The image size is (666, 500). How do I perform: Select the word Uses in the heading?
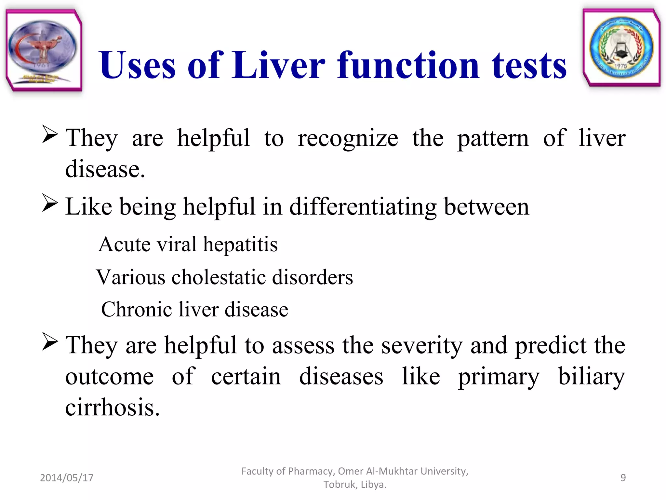point(137,66)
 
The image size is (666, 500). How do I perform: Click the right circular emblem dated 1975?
point(621,48)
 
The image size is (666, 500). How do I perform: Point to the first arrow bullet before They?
point(50,135)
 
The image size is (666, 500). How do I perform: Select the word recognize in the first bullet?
point(348,139)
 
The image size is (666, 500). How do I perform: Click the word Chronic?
point(137,309)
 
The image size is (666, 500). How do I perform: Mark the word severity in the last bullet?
point(422,346)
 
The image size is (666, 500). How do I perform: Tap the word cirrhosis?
point(113,408)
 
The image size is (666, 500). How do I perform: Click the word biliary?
point(591,377)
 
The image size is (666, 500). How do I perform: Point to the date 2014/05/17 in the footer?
point(67,478)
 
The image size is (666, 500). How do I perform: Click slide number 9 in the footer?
point(623,478)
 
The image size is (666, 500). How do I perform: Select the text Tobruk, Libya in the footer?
point(354,484)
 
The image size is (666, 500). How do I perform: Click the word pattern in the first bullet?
point(493,139)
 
